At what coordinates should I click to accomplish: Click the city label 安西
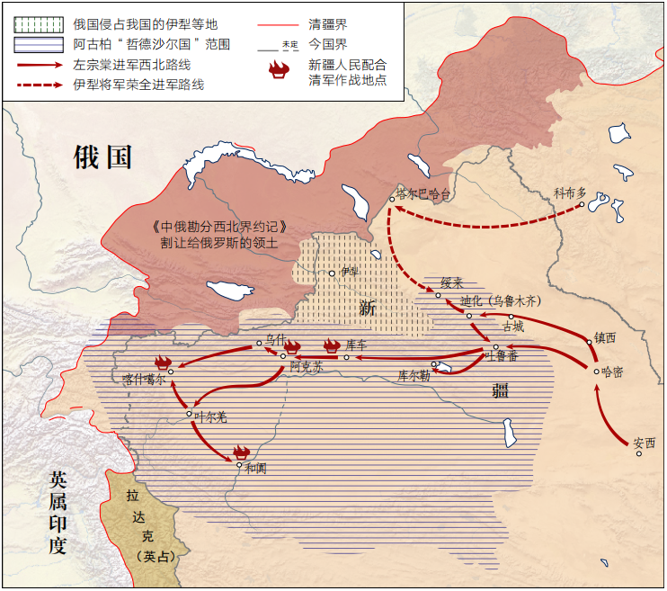[645, 443]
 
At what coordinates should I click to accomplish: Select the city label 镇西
[605, 338]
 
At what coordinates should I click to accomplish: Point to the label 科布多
[569, 193]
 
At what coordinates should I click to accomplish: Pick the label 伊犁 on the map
[349, 270]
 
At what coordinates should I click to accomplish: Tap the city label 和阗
[255, 468]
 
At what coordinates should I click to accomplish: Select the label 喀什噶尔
[145, 380]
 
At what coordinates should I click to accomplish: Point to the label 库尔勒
[414, 374]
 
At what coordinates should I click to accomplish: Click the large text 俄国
[102, 157]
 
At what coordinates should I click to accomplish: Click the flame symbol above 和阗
[240, 452]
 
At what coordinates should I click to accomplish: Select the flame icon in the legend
[280, 69]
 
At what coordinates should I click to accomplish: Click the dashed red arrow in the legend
[42, 85]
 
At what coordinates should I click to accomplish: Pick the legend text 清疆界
[328, 24]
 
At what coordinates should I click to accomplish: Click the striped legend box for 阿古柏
[39, 43]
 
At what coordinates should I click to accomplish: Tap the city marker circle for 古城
[511, 317]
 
